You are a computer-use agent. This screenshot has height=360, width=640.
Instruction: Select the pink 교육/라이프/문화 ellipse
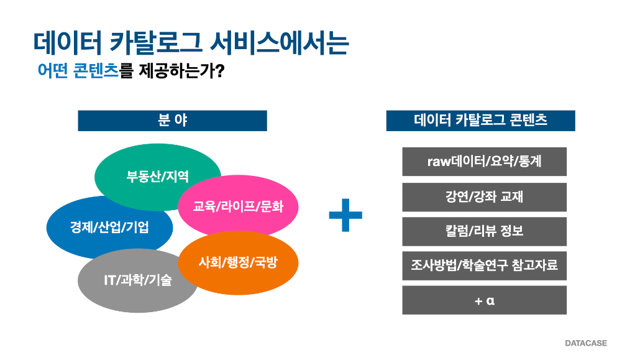click(239, 206)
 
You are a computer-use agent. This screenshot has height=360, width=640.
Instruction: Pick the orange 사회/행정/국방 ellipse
click(239, 263)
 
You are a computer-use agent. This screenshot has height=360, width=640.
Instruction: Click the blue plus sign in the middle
click(345, 215)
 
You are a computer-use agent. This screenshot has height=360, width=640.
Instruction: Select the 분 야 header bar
click(172, 121)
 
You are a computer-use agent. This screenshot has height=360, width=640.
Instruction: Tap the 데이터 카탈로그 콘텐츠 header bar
click(480, 121)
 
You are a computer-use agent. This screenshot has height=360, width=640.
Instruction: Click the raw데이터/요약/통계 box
click(485, 162)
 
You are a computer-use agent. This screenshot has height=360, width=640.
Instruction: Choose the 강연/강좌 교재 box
click(485, 197)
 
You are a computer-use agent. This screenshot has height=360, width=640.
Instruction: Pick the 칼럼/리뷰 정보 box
click(485, 232)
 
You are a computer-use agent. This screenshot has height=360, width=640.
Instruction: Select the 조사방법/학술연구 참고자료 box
click(485, 265)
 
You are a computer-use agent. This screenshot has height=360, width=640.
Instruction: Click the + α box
click(485, 300)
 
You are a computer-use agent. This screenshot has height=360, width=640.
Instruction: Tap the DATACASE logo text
click(586, 343)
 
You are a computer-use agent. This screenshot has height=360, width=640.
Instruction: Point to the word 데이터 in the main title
click(67, 42)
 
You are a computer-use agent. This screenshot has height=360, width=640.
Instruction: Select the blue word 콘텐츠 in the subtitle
click(96, 71)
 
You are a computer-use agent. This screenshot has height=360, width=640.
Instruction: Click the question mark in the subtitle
click(219, 71)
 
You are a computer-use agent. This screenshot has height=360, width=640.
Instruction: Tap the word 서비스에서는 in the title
click(280, 42)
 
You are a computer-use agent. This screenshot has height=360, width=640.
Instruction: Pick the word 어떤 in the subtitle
click(53, 71)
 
